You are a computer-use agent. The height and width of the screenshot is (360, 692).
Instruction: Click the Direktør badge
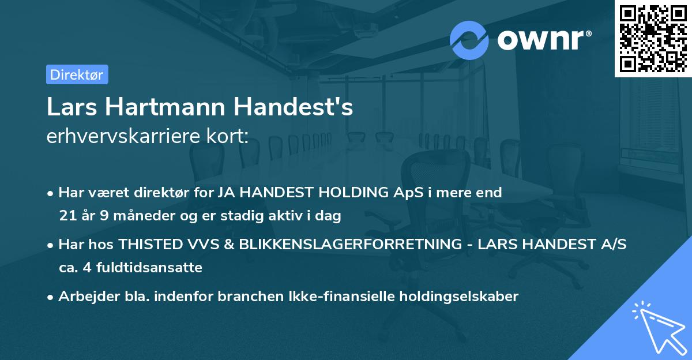(x=77, y=74)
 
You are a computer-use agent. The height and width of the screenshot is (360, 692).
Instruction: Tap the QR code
(x=653, y=38)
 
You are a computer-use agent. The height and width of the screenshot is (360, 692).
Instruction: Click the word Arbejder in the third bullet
(x=84, y=297)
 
